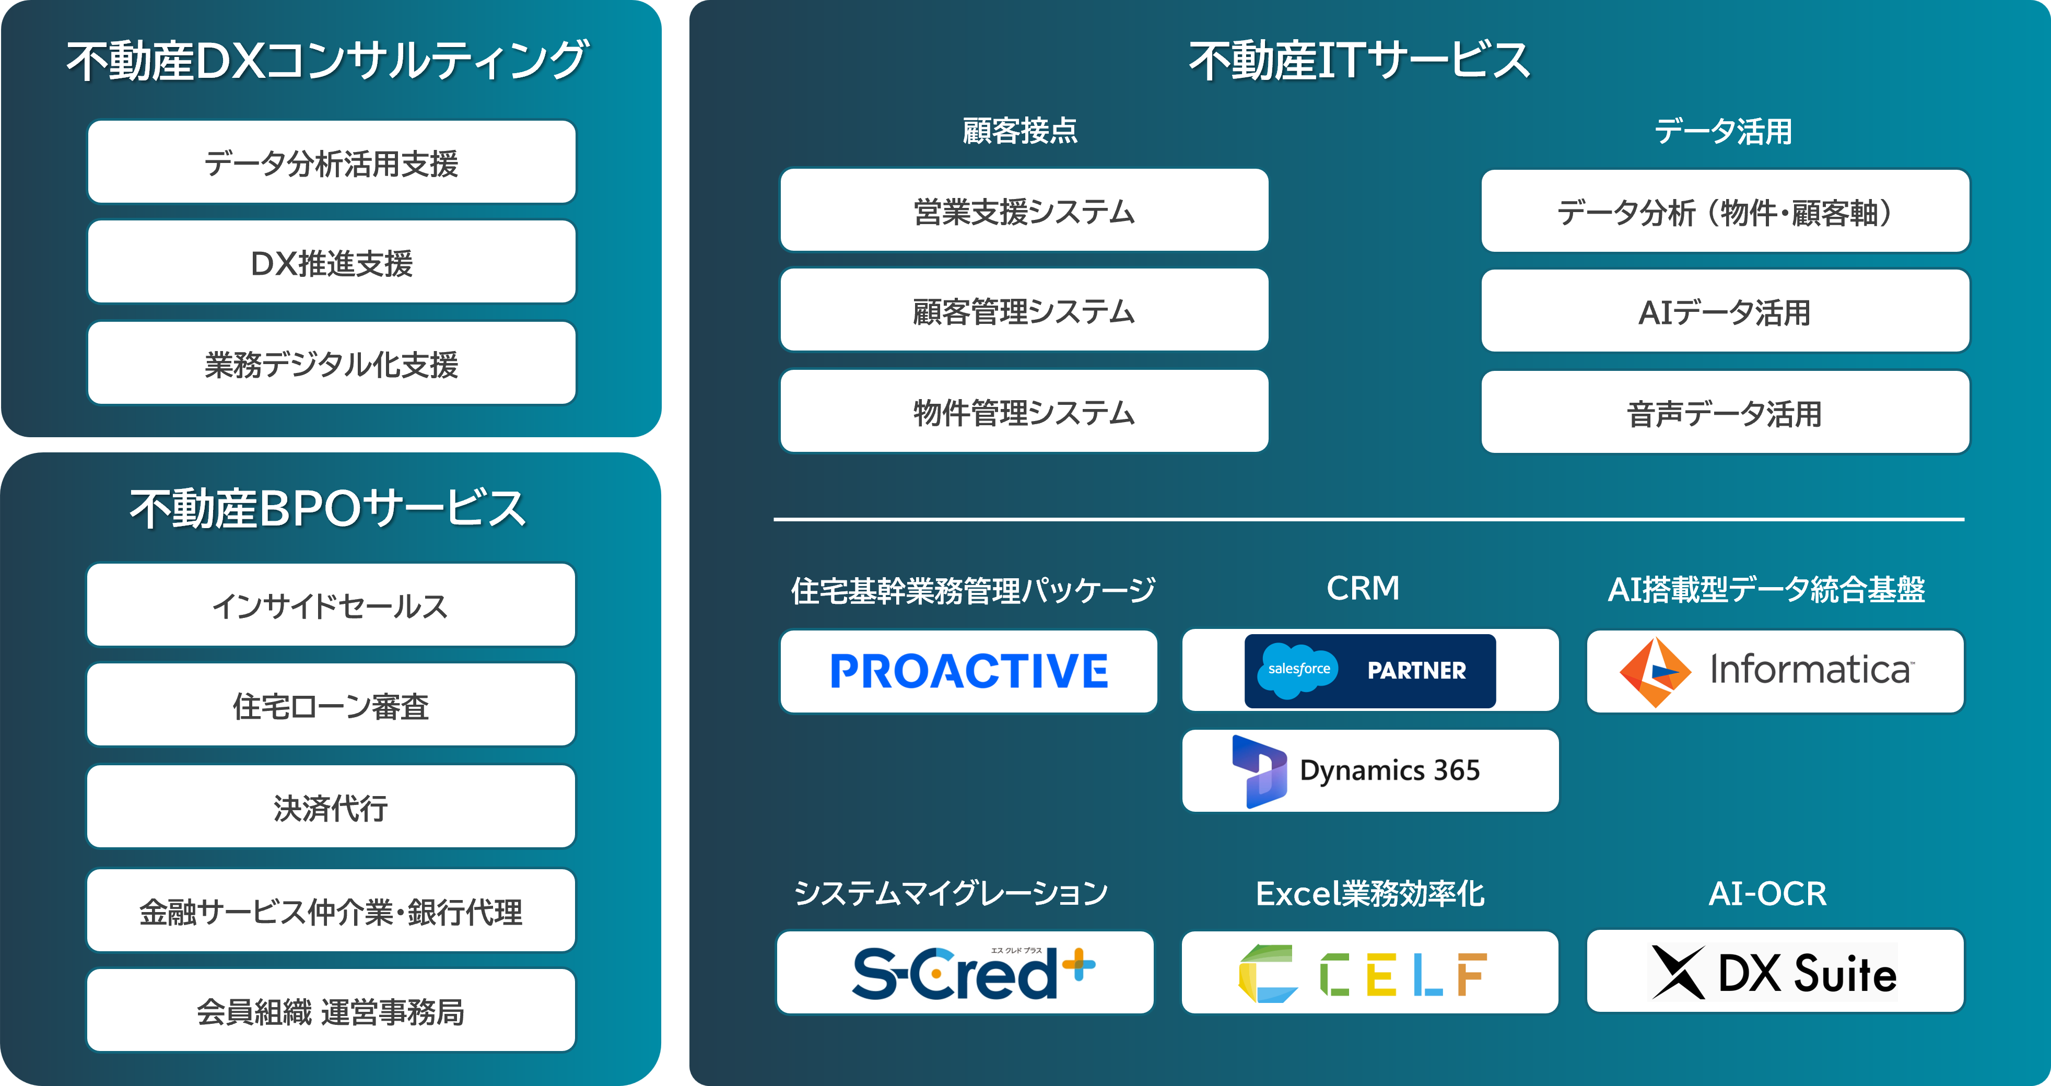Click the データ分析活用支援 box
331,162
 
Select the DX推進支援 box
331,263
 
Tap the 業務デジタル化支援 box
331,364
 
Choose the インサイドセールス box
331,605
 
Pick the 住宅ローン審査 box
331,705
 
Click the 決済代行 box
331,808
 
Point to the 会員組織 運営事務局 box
331,1011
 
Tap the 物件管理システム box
1024,412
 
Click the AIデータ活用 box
1725,311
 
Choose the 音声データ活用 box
1725,413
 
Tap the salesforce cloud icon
1298,670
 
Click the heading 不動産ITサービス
1359,61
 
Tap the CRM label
1362,588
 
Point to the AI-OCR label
1767,893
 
